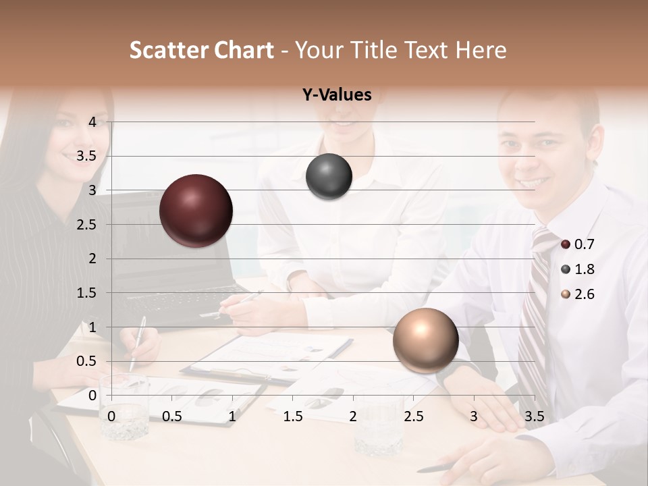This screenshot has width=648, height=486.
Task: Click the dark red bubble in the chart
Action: point(196,211)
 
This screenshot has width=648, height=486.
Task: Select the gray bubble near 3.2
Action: point(329,177)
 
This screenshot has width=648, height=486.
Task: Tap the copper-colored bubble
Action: point(425,340)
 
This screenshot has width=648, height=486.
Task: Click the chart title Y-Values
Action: point(336,95)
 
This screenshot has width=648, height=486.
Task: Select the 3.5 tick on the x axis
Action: point(534,416)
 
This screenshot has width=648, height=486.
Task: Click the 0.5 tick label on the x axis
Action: point(172,416)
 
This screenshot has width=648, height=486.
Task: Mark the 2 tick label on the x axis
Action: point(353,416)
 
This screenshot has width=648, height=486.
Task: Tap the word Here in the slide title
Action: point(481,50)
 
